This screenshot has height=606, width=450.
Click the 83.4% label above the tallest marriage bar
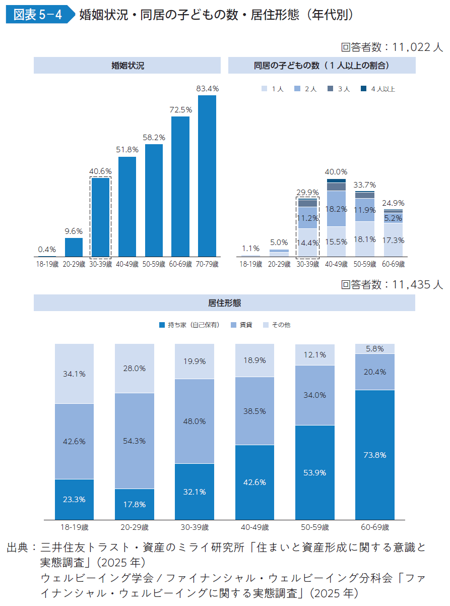pos(207,89)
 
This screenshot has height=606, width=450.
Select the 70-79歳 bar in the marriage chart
pos(207,176)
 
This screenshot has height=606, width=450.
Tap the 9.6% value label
pos(74,231)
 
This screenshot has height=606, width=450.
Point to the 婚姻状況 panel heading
pos(127,66)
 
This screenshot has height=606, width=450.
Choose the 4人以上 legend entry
pos(378,89)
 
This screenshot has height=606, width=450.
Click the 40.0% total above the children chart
pos(336,172)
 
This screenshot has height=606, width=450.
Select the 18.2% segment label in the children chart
pos(336,209)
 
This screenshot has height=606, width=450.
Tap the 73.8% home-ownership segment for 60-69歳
pos(374,455)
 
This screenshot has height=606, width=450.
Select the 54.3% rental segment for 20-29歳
pos(134,441)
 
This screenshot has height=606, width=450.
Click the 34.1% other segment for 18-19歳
pos(74,374)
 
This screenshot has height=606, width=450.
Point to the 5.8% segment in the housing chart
pos(374,348)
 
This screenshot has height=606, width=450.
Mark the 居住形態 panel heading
pos(224,303)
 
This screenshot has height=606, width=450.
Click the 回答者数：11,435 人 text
pos(392,285)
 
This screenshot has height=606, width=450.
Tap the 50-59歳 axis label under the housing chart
pos(314,527)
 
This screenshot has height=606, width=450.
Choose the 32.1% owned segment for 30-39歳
pos(194,492)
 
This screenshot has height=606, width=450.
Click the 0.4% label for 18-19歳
pos(47,249)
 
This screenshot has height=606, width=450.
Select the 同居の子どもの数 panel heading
pos(322,66)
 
